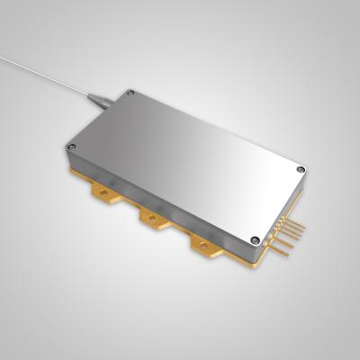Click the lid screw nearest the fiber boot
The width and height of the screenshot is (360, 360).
click(130, 93)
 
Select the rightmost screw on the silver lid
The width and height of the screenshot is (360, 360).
click(300, 168)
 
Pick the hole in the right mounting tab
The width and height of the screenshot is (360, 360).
click(203, 243)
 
